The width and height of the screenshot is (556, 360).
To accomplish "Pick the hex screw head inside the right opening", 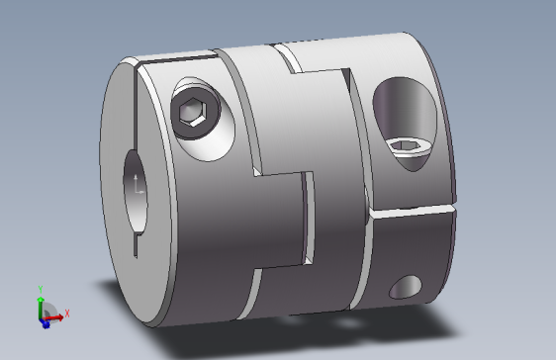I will tap(408, 148).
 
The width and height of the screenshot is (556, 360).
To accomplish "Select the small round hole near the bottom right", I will tap(406, 288).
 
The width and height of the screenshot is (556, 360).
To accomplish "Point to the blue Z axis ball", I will tap(45, 323).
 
